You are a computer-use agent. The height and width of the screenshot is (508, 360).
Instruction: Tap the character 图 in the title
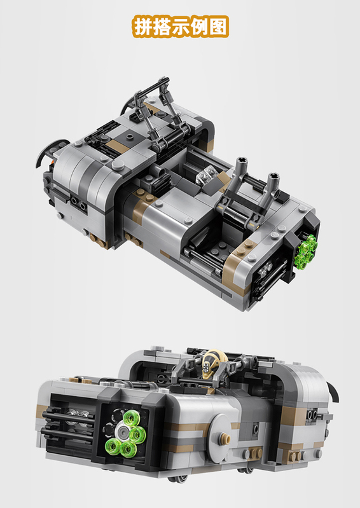(x=218, y=27)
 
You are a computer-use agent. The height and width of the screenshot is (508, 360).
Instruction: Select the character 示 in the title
(x=181, y=27)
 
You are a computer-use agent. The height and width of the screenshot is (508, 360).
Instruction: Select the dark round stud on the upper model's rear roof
(x=130, y=136)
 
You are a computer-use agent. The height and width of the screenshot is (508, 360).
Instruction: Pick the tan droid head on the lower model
(x=211, y=363)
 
